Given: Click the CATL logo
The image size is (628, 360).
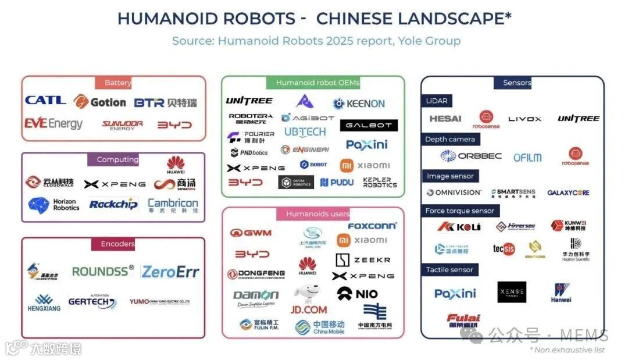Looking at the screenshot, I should click(45, 100).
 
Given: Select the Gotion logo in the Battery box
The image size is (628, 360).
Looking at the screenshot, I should click(99, 102).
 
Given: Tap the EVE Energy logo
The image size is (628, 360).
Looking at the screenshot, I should click(53, 124).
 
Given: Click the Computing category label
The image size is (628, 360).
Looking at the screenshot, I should click(117, 159).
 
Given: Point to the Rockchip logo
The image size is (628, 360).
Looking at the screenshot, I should click(113, 204).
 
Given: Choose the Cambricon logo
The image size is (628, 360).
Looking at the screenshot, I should click(173, 205).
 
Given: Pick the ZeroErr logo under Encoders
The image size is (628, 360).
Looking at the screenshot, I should click(170, 272).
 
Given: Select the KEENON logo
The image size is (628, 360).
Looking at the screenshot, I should click(359, 104).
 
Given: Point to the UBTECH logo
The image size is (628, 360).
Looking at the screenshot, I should click(305, 132).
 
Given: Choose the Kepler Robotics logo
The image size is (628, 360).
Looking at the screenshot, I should click(380, 183).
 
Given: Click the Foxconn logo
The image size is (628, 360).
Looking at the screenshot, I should click(372, 226).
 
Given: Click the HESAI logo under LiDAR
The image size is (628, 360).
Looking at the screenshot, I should click(445, 119).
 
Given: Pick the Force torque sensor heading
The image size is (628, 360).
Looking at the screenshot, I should click(459, 211).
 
